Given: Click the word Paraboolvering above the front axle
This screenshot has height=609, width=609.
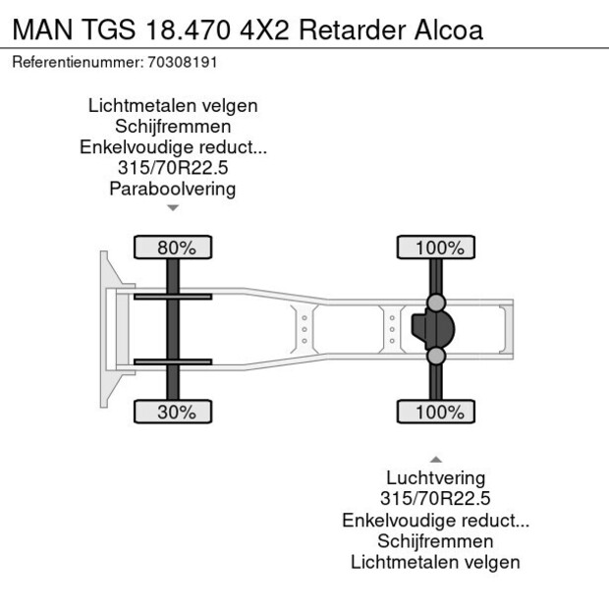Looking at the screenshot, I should click(x=173, y=190).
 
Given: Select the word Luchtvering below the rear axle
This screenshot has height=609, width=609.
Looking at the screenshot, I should click(x=436, y=478).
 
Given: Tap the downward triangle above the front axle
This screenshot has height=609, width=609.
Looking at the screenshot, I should click(x=173, y=208).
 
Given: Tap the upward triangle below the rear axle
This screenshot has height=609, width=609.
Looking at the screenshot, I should click(x=436, y=459).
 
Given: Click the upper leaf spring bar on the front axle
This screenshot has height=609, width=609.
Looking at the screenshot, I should click(x=173, y=297).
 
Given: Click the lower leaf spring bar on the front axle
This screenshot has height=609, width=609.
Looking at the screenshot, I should click(x=173, y=361).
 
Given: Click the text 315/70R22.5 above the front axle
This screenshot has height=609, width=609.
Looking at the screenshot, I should click(x=173, y=168).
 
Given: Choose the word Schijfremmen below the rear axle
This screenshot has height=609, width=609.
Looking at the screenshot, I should click(x=436, y=541).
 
